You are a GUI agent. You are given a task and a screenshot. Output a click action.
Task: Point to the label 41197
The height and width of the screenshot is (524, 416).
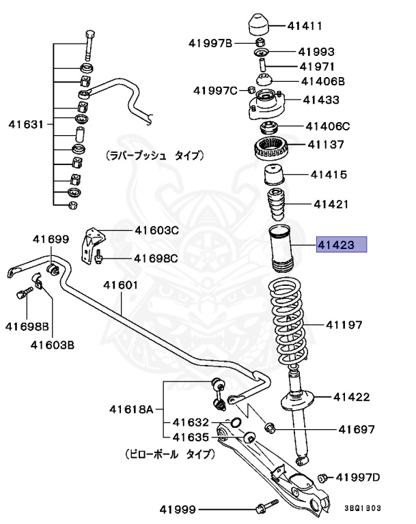pos(344,325)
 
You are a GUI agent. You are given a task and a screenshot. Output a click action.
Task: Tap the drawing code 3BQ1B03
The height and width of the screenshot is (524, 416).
pos(361,509)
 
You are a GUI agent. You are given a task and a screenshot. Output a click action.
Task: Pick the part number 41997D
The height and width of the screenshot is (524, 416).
pos(360,476)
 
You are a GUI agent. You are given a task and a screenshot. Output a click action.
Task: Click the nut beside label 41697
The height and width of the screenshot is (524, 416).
pos(268,428)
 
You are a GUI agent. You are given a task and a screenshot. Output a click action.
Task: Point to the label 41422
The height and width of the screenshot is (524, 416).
pos(351,396)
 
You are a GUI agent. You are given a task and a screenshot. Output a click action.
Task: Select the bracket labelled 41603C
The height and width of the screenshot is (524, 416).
pos(90,246)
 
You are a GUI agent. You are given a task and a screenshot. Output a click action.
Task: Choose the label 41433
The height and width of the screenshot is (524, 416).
pos(321,100)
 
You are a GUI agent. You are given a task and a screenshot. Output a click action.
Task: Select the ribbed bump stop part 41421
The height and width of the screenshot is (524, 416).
pos(277,205)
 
